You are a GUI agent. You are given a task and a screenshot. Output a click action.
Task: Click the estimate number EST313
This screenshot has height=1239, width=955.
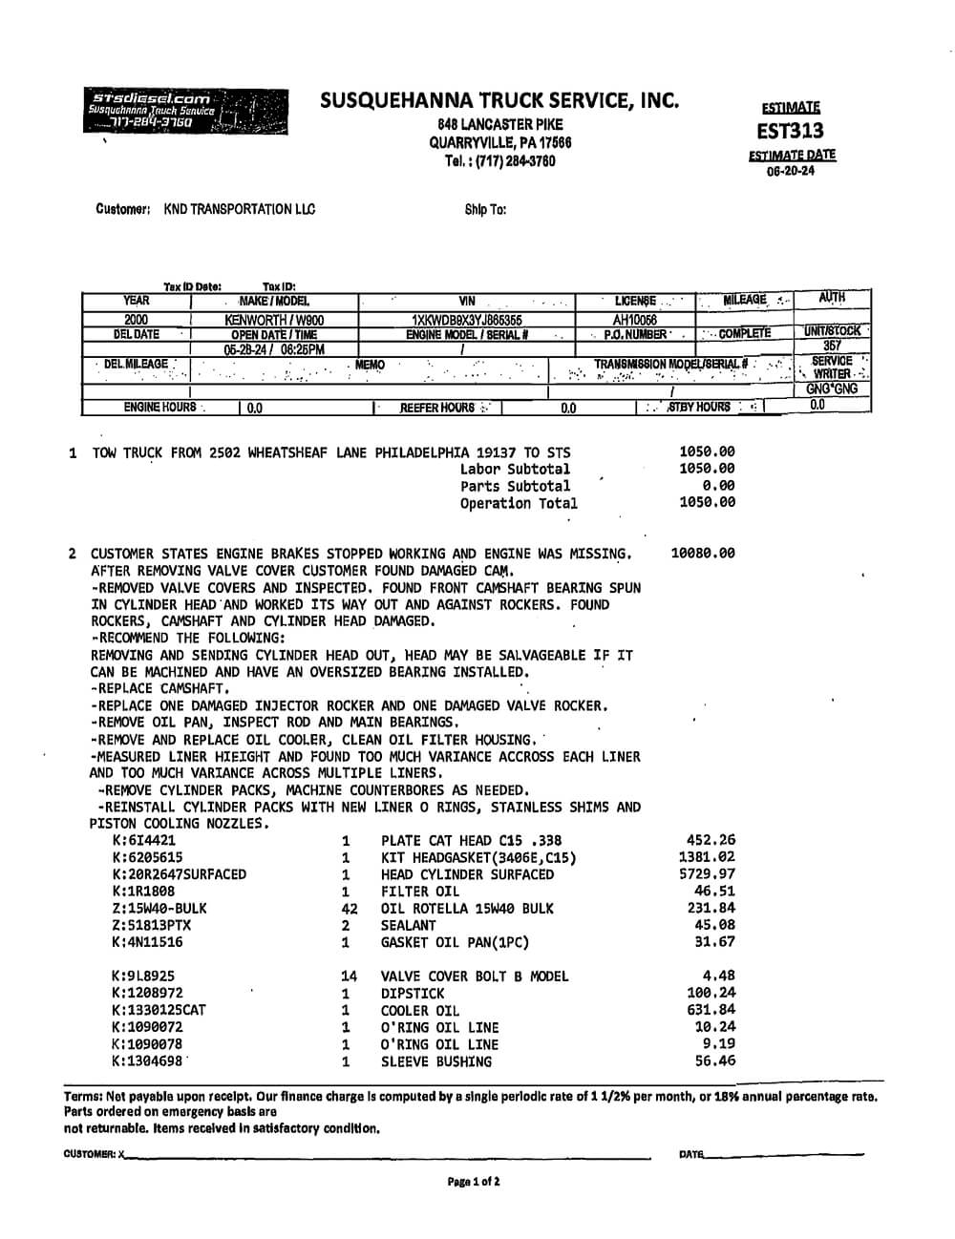tap(790, 131)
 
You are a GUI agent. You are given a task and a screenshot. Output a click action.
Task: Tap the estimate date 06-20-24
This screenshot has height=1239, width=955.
tap(791, 172)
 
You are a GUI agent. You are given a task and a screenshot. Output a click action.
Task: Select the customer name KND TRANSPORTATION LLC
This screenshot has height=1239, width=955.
tap(239, 209)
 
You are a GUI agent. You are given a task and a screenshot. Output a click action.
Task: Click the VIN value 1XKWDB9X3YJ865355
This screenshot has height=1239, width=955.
tap(466, 321)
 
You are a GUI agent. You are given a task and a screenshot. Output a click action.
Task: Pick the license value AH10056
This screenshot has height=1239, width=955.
tap(635, 321)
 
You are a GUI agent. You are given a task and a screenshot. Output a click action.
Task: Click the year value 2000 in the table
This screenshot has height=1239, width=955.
tap(137, 321)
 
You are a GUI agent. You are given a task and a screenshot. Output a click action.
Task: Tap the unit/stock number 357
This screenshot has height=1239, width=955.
tap(832, 346)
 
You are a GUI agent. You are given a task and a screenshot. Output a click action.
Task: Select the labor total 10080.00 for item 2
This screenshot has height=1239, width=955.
tap(703, 553)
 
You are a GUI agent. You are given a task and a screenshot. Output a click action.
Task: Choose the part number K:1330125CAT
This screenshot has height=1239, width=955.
tap(159, 1010)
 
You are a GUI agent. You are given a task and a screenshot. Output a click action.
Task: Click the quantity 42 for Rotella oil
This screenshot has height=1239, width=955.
tap(349, 909)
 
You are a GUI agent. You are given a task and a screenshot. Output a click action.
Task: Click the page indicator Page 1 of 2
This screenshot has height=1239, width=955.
tap(474, 1182)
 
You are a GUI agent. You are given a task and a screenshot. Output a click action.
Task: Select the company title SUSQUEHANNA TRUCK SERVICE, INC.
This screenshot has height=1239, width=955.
tap(499, 99)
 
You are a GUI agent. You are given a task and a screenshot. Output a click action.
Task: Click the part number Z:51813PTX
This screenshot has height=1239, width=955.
tap(151, 925)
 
